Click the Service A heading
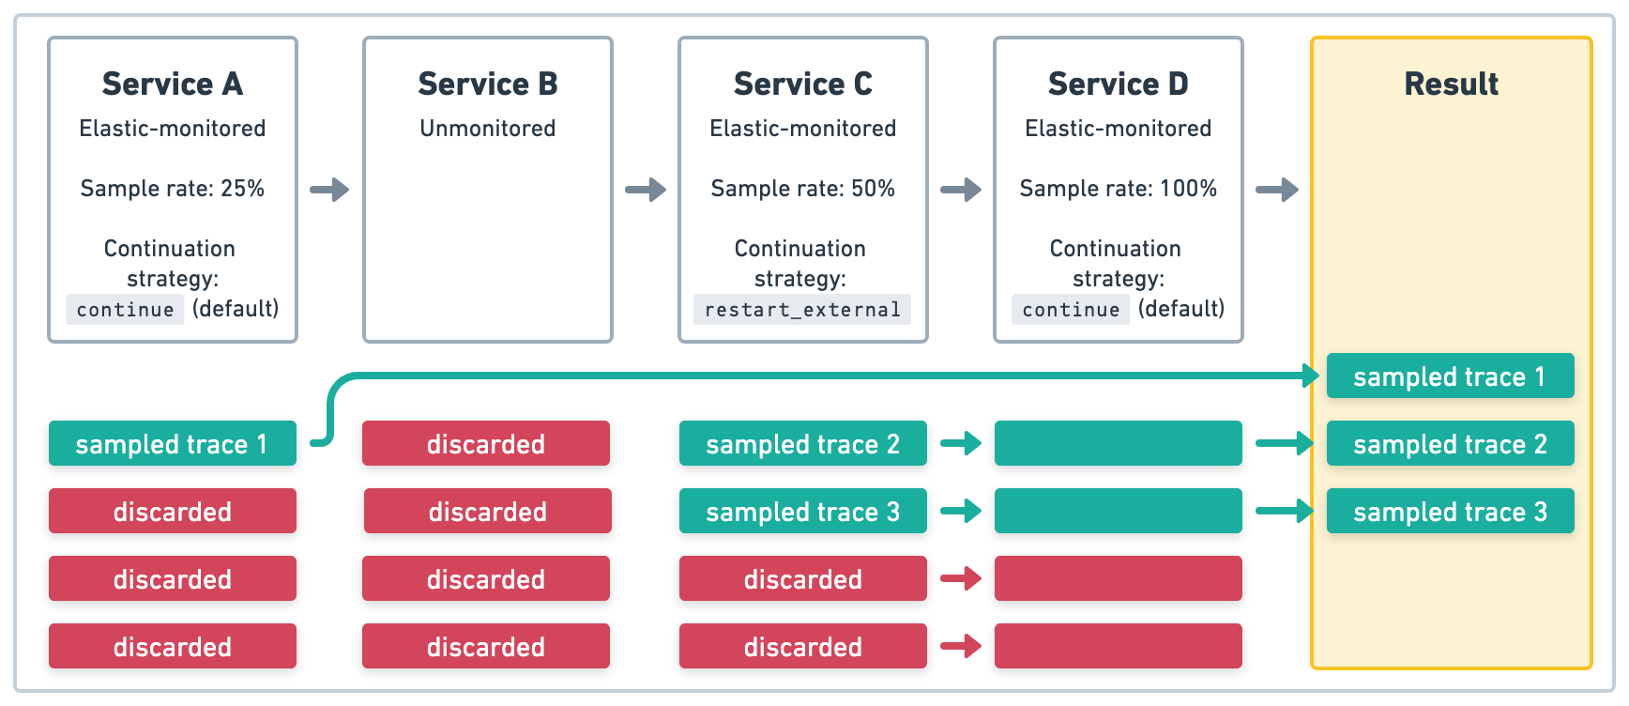(173, 84)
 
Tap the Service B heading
(488, 84)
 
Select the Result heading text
(1451, 84)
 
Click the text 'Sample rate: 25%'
(173, 189)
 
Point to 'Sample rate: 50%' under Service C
(803, 189)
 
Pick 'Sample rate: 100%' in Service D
(1119, 189)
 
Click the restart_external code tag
(802, 310)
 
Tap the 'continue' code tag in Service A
(125, 310)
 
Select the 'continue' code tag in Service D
(1071, 310)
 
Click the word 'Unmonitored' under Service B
(488, 129)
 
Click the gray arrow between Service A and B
(329, 190)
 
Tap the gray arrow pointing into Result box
(1277, 190)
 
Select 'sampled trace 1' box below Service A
(173, 444)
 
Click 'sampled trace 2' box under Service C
(803, 444)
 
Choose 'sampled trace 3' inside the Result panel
(1451, 512)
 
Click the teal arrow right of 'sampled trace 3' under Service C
(961, 512)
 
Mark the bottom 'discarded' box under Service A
(173, 647)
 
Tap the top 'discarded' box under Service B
(486, 444)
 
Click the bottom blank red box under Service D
(1119, 647)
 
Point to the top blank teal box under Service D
(1119, 444)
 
